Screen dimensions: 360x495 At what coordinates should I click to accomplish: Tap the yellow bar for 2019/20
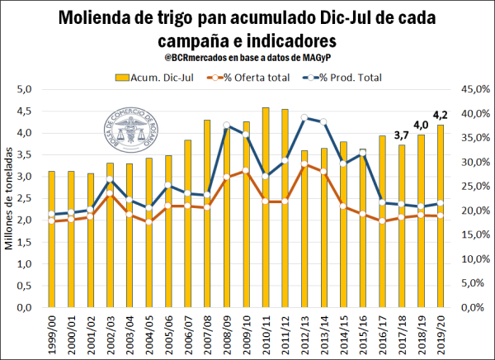pyautogui.click(x=442, y=219)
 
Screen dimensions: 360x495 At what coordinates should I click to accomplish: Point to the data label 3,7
pyautogui.click(x=402, y=135)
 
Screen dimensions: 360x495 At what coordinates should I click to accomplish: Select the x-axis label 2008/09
pyautogui.click(x=227, y=334)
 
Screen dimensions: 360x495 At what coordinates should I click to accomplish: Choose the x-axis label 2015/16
pyautogui.click(x=363, y=334)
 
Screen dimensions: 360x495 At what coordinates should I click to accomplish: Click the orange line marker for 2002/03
pyautogui.click(x=110, y=195)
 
